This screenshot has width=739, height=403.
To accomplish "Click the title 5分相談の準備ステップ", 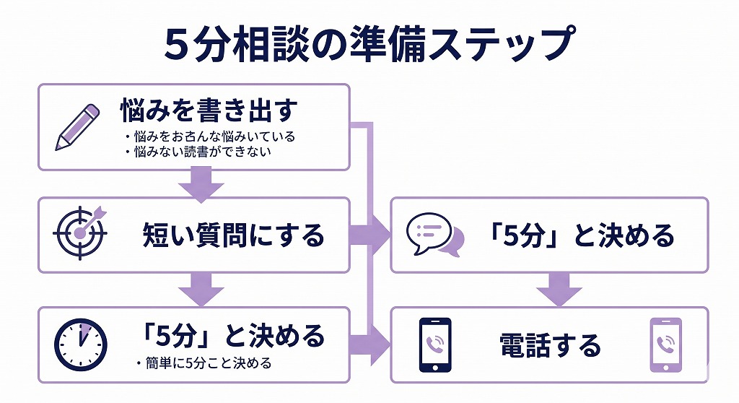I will tap(369, 45).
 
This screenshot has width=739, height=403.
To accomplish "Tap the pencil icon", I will tap(77, 127).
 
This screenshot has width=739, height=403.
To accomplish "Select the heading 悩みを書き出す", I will tap(209, 111).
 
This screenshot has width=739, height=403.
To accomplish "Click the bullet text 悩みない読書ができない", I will tap(205, 152).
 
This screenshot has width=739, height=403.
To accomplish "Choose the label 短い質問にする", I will tap(232, 235).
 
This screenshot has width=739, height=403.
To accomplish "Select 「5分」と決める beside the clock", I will tap(232, 335).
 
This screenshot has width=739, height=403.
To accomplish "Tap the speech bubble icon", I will tap(434, 235).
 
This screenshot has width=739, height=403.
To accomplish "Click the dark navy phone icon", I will tap(435, 344).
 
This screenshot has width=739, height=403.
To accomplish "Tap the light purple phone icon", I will tap(665, 344).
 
